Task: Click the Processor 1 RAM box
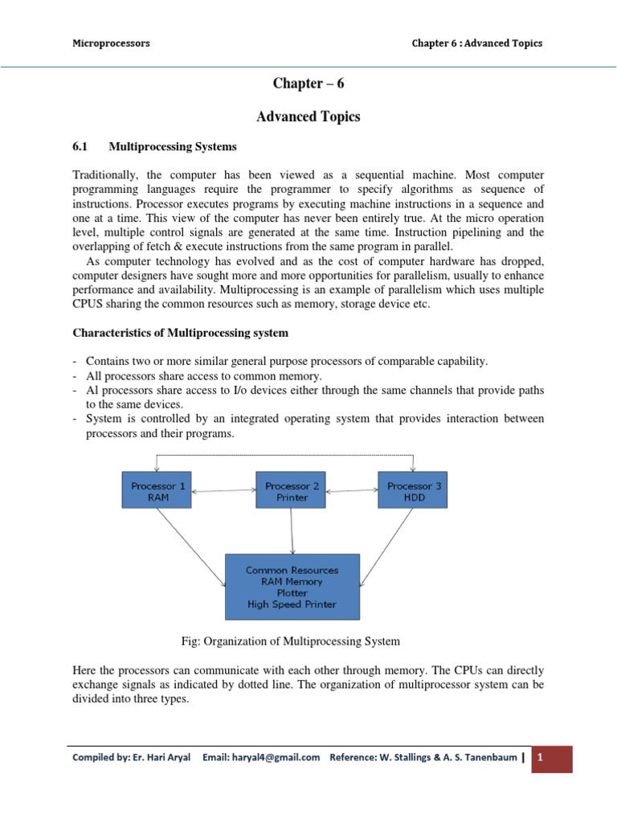pos(157,490)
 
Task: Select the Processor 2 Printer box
pos(290,490)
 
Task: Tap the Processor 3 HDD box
pos(413,490)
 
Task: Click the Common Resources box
pos(292,587)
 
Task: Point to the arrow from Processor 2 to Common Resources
pos(291,530)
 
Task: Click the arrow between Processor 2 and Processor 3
pos(351,490)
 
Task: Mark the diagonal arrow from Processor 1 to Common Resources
pos(191,547)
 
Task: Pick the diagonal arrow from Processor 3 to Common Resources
pos(389,547)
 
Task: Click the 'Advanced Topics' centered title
pos(308,117)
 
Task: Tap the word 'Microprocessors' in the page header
pos(111,43)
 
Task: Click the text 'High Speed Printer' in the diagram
pos(292,604)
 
